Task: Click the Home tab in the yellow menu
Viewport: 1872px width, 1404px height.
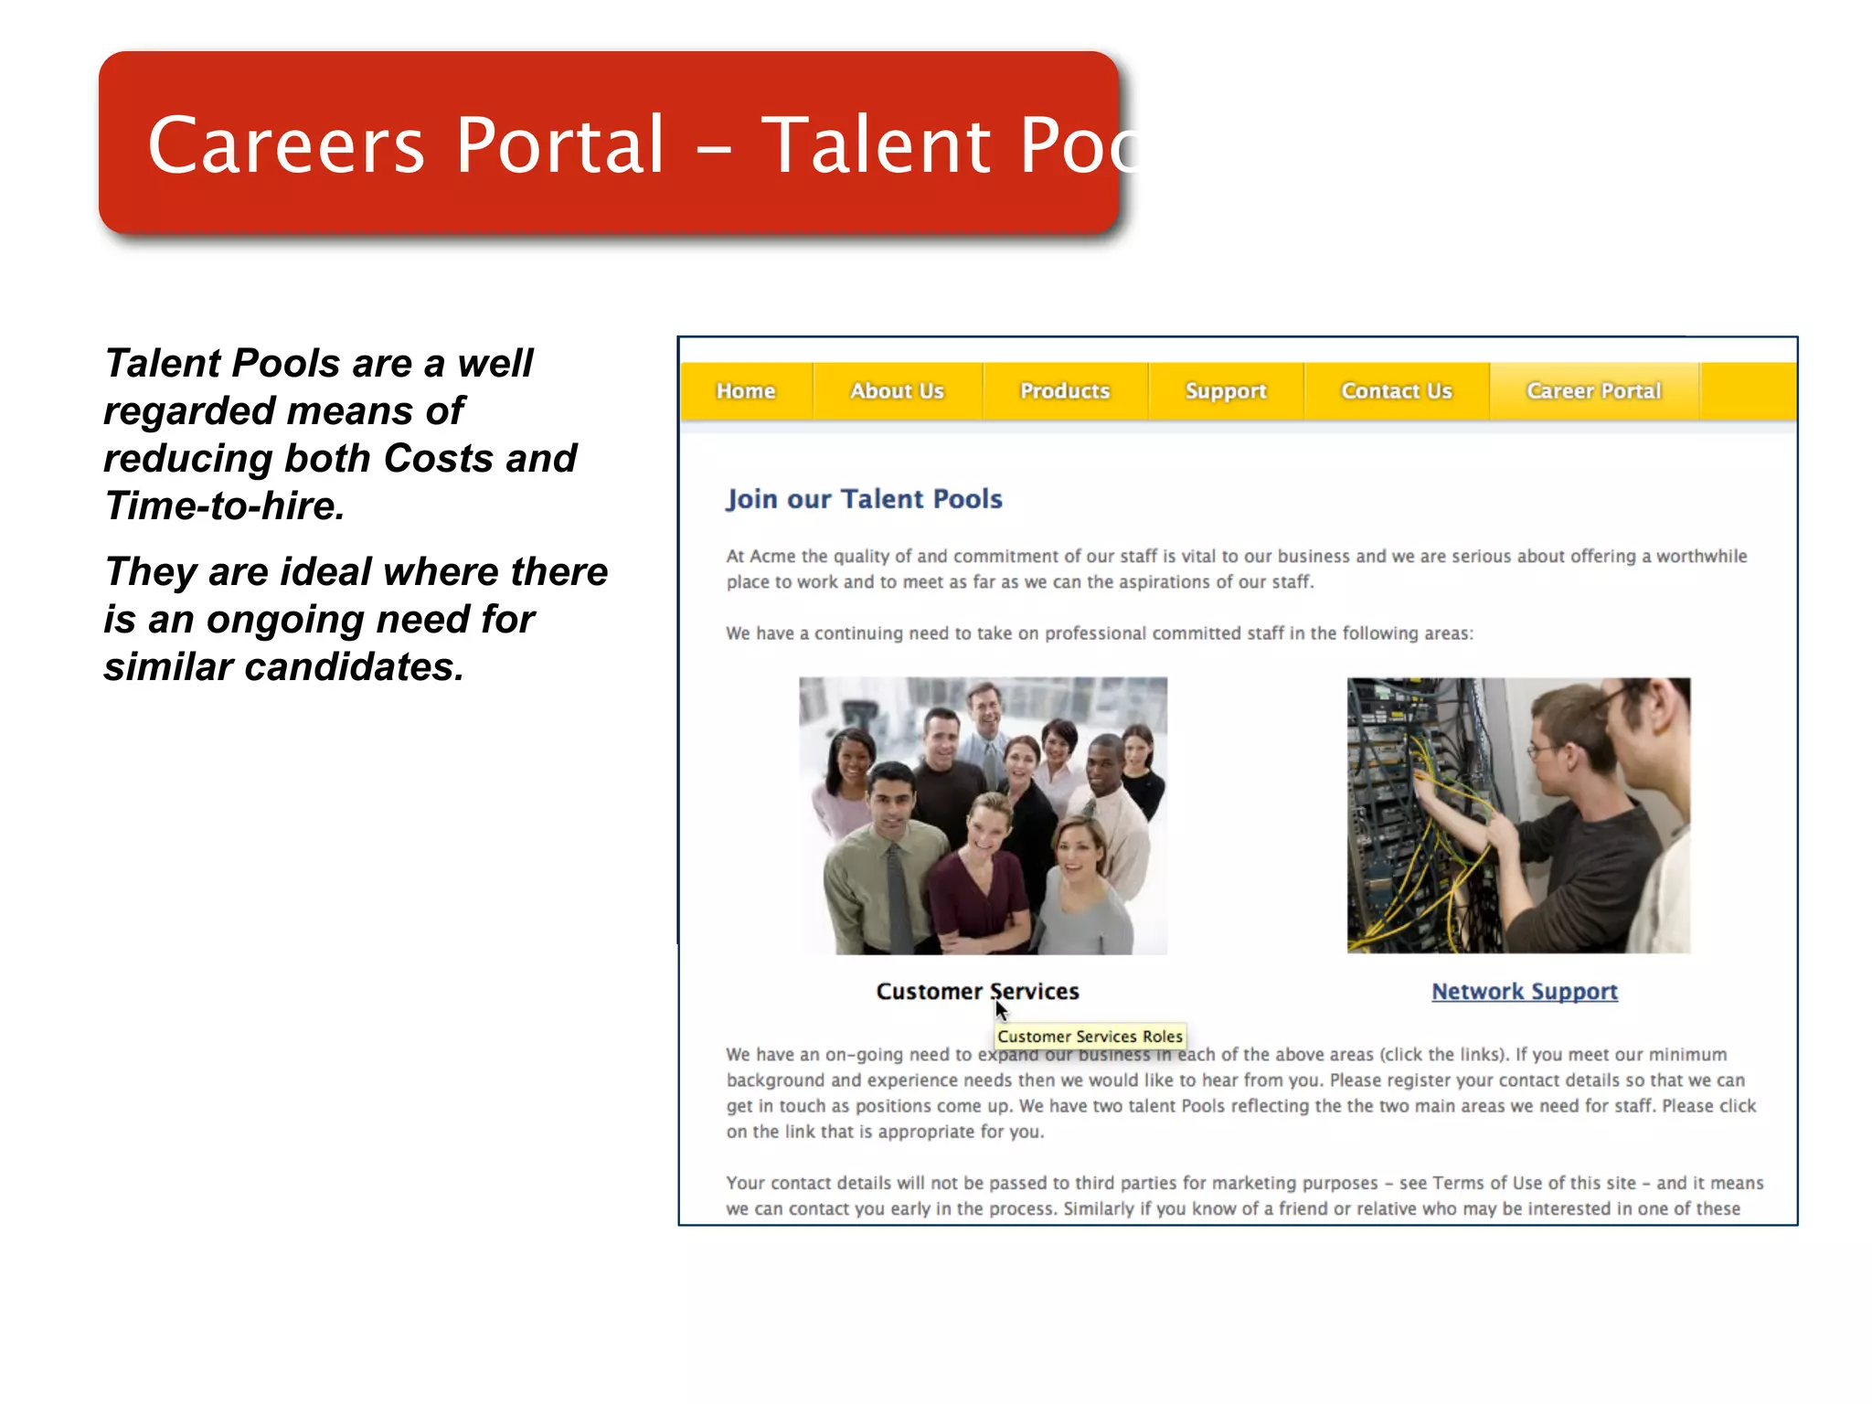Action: coord(746,391)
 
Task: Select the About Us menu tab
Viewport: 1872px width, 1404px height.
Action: coord(897,391)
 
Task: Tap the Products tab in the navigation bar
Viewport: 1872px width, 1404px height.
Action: coord(1065,391)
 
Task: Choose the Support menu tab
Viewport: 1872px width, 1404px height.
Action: coord(1226,391)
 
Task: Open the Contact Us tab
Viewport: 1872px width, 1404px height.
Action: coord(1397,391)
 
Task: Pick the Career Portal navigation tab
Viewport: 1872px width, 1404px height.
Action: coord(1594,391)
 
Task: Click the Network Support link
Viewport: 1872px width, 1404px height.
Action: coord(1525,992)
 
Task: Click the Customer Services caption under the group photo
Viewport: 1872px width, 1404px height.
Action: coord(977,992)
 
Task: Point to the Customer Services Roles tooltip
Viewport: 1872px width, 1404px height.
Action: coord(1090,1037)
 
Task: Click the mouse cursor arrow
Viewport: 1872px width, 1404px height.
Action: coord(1000,1009)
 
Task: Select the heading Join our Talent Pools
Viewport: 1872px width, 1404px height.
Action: coord(864,499)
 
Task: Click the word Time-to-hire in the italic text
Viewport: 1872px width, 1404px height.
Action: coord(225,506)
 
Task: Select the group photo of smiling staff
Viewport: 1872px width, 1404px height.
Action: coord(983,815)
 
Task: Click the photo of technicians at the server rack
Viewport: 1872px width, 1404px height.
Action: coord(1518,815)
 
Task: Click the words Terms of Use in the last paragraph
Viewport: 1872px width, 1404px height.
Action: coord(1487,1183)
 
